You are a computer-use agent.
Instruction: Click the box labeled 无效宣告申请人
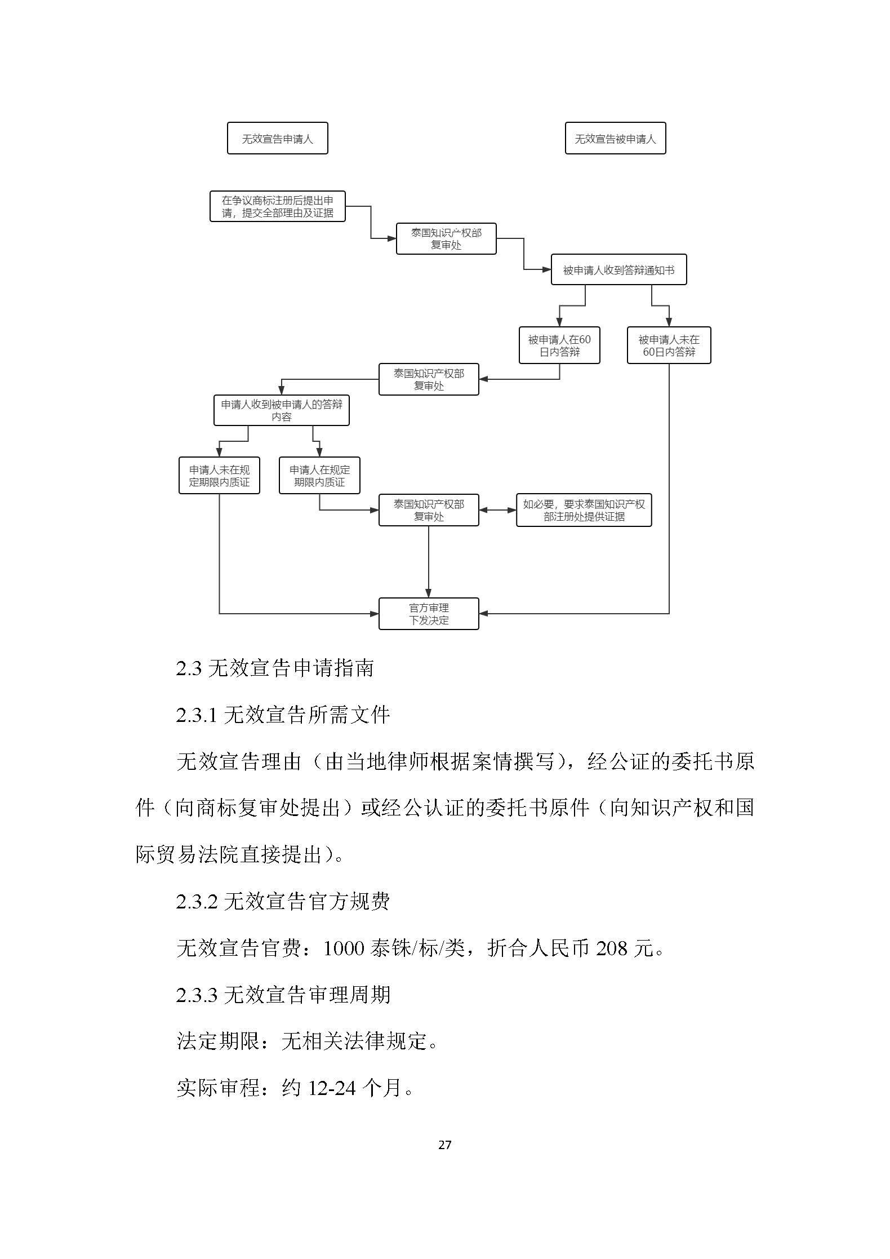click(277, 139)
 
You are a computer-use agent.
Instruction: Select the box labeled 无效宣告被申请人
click(615, 139)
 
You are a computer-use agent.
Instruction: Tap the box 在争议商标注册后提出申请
click(277, 206)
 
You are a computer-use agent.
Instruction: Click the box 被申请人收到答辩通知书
click(618, 270)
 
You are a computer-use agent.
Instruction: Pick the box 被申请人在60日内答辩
click(559, 345)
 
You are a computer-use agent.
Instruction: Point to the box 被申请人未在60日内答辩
click(669, 345)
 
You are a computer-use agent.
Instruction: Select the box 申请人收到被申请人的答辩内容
click(281, 410)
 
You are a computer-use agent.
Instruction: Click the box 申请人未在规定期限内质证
click(219, 476)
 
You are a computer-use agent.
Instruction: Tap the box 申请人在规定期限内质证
click(319, 476)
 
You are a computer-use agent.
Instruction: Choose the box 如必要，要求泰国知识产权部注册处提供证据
click(584, 510)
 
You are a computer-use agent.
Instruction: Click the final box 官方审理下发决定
click(429, 614)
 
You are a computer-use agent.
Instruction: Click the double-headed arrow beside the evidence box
click(497, 511)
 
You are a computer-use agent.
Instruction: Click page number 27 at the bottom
click(444, 1145)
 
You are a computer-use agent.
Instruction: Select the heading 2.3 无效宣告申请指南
click(274, 668)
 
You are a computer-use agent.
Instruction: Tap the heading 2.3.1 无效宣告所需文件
click(283, 715)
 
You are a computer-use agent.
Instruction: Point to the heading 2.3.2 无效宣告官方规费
click(283, 902)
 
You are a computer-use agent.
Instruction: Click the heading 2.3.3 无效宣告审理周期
click(283, 995)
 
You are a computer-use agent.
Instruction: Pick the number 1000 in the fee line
click(344, 948)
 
